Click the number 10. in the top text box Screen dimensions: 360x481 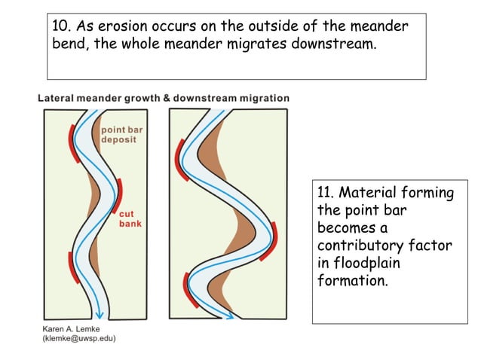(62, 26)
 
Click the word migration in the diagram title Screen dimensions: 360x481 (265, 98)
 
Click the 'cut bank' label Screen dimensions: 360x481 (129, 218)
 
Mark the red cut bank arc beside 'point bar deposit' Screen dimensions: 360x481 (73, 139)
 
